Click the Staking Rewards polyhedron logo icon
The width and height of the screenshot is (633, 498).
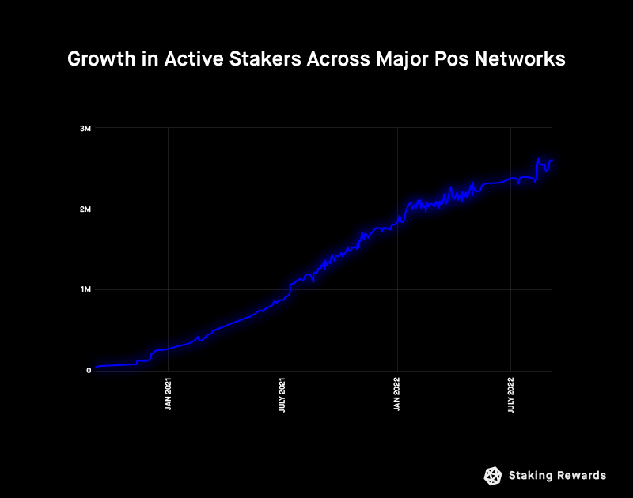pos(493,475)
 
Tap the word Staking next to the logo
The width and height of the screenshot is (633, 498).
pos(531,475)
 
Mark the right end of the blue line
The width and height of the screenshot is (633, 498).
pos(552,160)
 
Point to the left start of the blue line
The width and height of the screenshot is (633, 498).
pos(96,368)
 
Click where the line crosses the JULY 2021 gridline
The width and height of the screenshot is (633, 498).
pos(283,300)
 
